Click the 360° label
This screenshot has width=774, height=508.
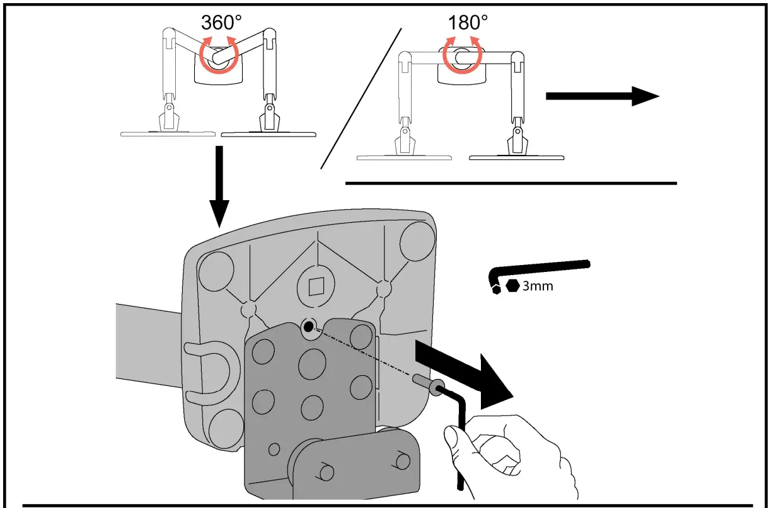point(221,22)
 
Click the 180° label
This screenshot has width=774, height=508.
point(468,23)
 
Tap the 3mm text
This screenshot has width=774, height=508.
point(538,286)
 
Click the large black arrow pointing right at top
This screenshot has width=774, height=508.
point(602,96)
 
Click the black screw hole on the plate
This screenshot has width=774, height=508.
point(308,327)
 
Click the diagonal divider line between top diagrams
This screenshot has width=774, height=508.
point(361,98)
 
